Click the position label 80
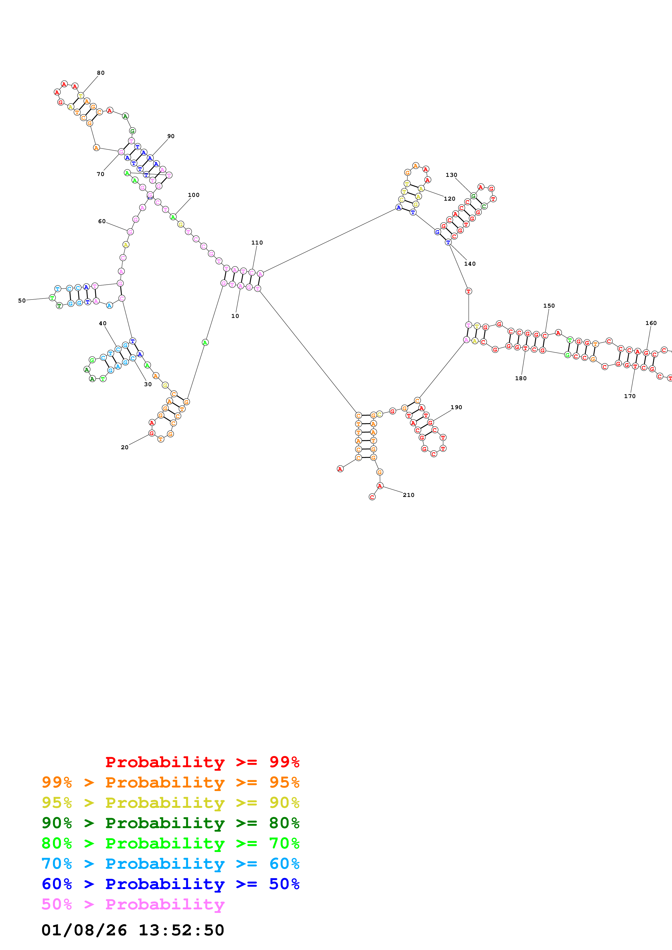pyautogui.click(x=101, y=73)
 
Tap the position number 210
pyautogui.click(x=408, y=495)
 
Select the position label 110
pyautogui.click(x=257, y=242)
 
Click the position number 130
pyautogui.click(x=451, y=175)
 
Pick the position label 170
pyautogui.click(x=629, y=396)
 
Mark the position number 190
pyautogui.click(x=456, y=407)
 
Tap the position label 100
pyautogui.click(x=193, y=195)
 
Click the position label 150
pyautogui.click(x=549, y=306)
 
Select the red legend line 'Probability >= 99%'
pyautogui.click(x=202, y=762)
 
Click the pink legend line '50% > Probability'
pyautogui.click(x=133, y=904)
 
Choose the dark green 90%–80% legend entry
pyautogui.click(x=170, y=823)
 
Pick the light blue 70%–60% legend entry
pyautogui.click(x=170, y=864)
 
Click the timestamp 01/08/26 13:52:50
pyautogui.click(x=133, y=930)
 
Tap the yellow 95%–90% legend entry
pyautogui.click(x=170, y=803)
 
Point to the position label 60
pyautogui.click(x=102, y=221)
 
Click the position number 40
pyautogui.click(x=103, y=324)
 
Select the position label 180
pyautogui.click(x=520, y=378)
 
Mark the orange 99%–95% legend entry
pyautogui.click(x=170, y=782)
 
